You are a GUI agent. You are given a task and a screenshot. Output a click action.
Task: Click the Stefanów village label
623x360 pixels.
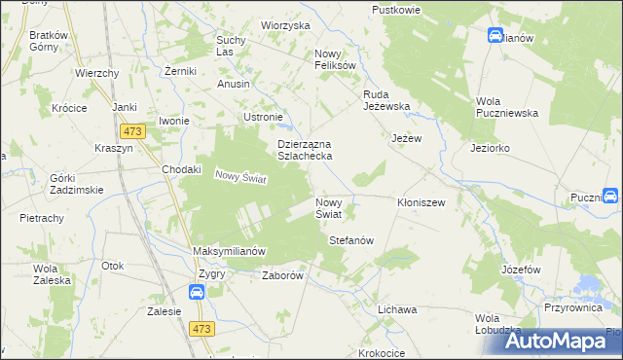pyautogui.click(x=351, y=239)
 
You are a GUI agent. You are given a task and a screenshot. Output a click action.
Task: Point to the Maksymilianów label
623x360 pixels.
pyautogui.click(x=230, y=251)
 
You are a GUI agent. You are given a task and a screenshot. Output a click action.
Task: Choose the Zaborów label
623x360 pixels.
pyautogui.click(x=284, y=275)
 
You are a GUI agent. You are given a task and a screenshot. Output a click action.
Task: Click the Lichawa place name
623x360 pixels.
pyautogui.click(x=397, y=308)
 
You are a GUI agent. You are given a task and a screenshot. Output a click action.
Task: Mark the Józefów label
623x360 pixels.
pyautogui.click(x=521, y=269)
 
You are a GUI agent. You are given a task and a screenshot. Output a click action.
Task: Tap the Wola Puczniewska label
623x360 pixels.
pyautogui.click(x=507, y=107)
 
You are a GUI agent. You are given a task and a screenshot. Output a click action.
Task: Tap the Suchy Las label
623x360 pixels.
pyautogui.click(x=230, y=45)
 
